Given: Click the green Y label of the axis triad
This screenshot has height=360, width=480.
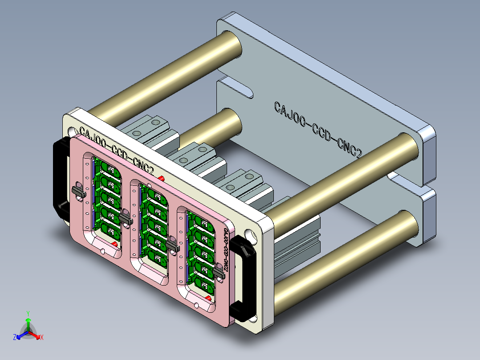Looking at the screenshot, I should (x=28, y=313).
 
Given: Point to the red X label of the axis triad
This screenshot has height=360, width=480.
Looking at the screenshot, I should (x=42, y=337).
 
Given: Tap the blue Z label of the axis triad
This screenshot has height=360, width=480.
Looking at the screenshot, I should (x=15, y=337).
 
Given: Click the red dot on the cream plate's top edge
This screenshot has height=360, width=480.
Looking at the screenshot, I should (x=161, y=179).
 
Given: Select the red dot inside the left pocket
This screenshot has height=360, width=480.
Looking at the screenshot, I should (x=115, y=244).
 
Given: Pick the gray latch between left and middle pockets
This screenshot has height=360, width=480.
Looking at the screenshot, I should (x=126, y=218).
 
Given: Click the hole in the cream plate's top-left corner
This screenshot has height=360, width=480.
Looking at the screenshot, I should (x=71, y=131).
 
